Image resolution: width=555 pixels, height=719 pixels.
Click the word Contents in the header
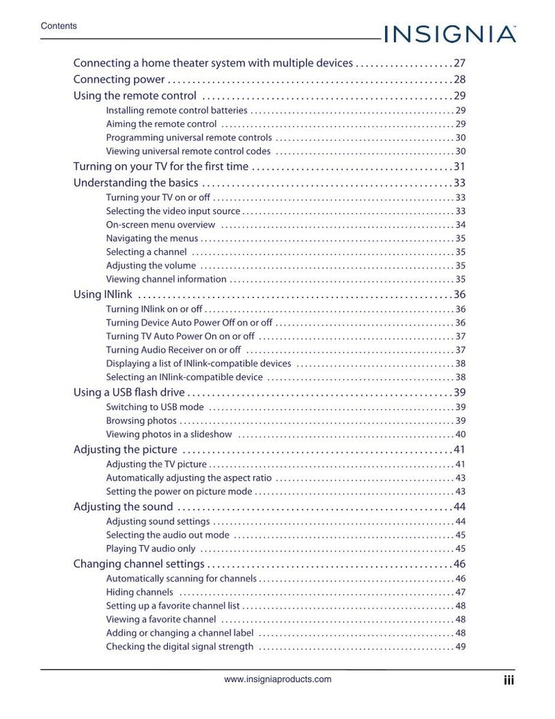(59, 26)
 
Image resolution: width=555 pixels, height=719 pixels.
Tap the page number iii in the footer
(509, 681)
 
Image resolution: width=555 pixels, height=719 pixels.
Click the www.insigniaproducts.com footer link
(277, 679)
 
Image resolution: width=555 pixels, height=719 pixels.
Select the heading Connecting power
(119, 80)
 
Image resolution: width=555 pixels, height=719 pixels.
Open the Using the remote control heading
(135, 96)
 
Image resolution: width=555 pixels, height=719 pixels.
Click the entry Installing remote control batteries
(176, 110)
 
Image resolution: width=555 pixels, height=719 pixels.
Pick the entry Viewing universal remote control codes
(188, 151)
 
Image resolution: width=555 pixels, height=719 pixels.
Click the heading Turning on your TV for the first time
(160, 166)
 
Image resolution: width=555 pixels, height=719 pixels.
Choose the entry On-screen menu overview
(160, 225)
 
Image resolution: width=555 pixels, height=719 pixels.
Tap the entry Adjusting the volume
(151, 266)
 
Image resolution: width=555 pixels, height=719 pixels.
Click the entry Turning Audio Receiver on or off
(173, 350)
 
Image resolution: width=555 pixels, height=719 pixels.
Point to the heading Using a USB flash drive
(129, 392)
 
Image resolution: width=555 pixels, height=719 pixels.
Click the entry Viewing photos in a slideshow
(169, 435)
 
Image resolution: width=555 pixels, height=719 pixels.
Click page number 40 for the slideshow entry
(460, 435)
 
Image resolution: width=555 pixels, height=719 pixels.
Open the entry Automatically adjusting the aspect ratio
(189, 478)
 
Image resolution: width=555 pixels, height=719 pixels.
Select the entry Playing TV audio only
(151, 549)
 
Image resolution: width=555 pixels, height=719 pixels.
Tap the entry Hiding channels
(139, 592)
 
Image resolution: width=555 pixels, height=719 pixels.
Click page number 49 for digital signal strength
(460, 647)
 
